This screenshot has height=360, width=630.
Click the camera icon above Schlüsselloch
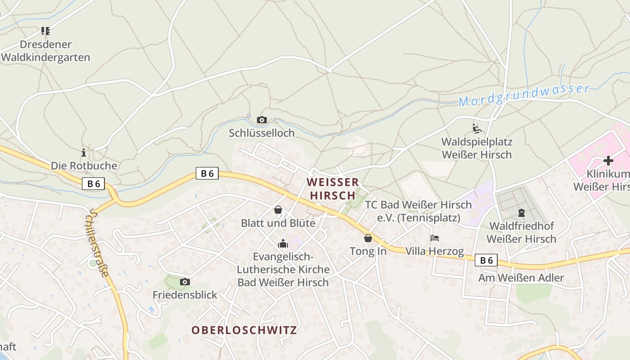pyautogui.click(x=261, y=120)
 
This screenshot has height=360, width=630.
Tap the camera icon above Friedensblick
pyautogui.click(x=184, y=282)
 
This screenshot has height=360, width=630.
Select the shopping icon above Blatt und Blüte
pyautogui.click(x=278, y=210)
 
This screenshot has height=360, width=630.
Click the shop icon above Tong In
pyautogui.click(x=368, y=238)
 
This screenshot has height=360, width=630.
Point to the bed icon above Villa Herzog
pyautogui.click(x=434, y=238)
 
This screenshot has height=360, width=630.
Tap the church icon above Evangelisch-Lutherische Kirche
pyautogui.click(x=283, y=243)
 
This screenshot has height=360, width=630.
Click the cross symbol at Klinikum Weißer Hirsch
pyautogui.click(x=608, y=160)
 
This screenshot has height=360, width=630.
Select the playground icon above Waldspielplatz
pyautogui.click(x=477, y=129)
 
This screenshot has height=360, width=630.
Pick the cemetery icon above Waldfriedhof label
pyautogui.click(x=522, y=212)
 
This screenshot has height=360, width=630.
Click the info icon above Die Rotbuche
pyautogui.click(x=83, y=153)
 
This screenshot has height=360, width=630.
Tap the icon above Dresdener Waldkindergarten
pyautogui.click(x=45, y=31)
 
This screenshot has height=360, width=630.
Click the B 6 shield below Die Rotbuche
pyautogui.click(x=94, y=184)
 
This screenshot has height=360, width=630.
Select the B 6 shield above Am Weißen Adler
pyautogui.click(x=486, y=260)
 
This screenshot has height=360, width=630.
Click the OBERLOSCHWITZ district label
pyautogui.click(x=244, y=330)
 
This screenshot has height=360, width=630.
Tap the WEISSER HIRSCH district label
pyautogui.click(x=333, y=189)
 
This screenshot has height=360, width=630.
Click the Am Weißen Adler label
pyautogui.click(x=521, y=278)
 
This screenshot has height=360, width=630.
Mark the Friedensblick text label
pyautogui.click(x=185, y=295)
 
